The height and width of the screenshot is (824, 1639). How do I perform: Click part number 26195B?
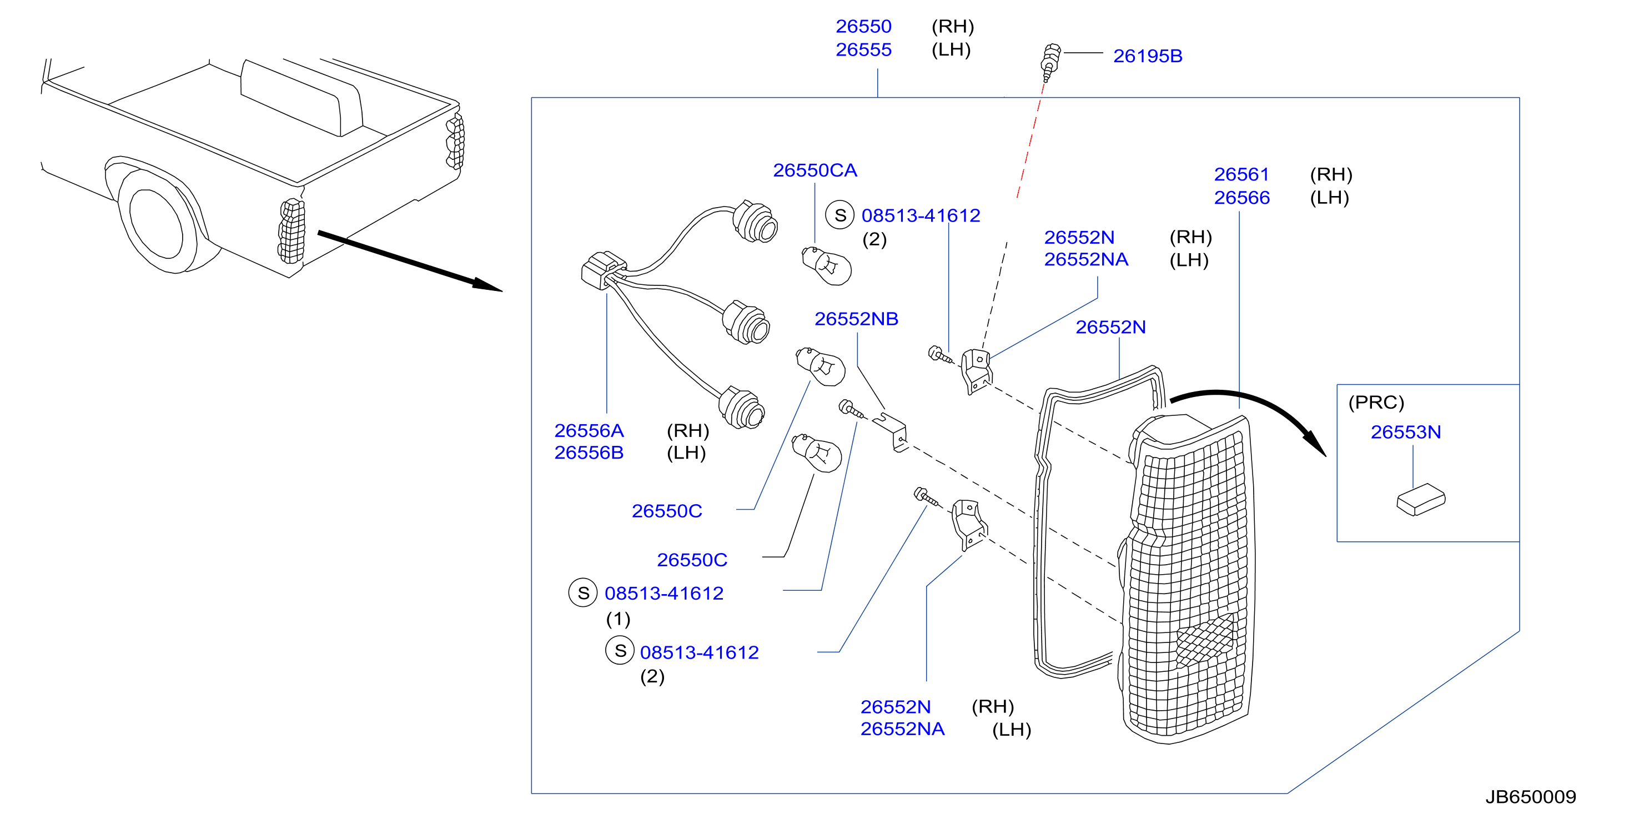pyautogui.click(x=1147, y=56)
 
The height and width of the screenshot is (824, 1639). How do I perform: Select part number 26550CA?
pyautogui.click(x=815, y=170)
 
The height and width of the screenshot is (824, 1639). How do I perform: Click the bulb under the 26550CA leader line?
pyautogui.click(x=825, y=265)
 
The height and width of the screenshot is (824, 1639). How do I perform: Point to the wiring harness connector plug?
pyautogui.click(x=602, y=270)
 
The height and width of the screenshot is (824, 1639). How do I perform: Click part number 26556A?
pyautogui.click(x=589, y=431)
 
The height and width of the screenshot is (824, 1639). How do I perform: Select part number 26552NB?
pyautogui.click(x=856, y=319)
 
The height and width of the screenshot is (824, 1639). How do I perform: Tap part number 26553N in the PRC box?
pyautogui.click(x=1405, y=432)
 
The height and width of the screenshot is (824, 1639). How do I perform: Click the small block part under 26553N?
pyautogui.click(x=1420, y=500)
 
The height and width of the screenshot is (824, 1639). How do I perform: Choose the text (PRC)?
pyautogui.click(x=1376, y=402)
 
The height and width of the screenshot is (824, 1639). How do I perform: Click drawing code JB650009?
pyautogui.click(x=1530, y=797)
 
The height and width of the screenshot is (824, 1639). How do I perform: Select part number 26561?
pyautogui.click(x=1241, y=174)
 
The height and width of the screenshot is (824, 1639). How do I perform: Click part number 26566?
pyautogui.click(x=1241, y=198)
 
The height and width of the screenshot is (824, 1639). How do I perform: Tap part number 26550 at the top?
pyautogui.click(x=863, y=26)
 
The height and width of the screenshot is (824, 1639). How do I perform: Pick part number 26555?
pyautogui.click(x=863, y=49)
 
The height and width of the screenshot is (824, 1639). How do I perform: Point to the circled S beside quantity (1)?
pyautogui.click(x=583, y=593)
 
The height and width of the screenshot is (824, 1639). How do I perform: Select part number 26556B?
pyautogui.click(x=589, y=453)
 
